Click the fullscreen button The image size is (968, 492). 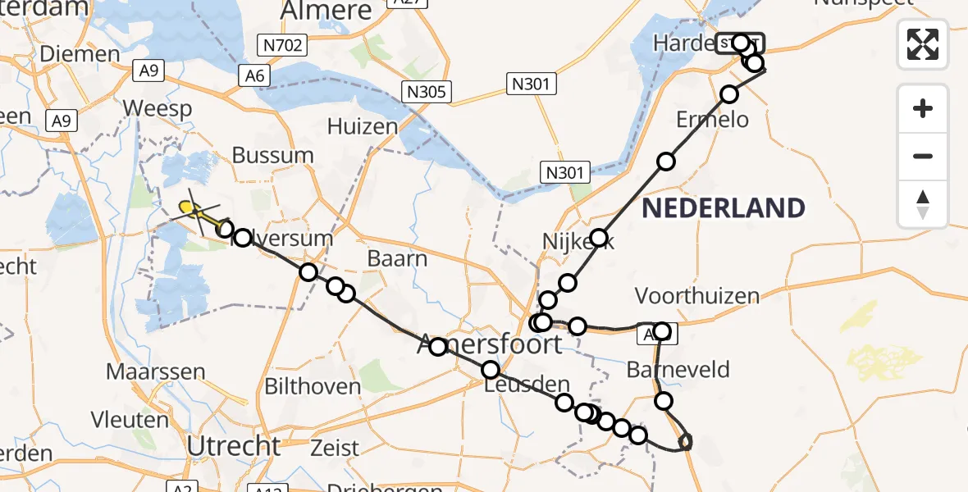pos(923,43)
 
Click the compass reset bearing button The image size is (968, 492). pos(923,204)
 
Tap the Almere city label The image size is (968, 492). pos(326,11)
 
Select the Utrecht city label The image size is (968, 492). pos(235,446)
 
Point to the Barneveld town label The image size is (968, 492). pos(677,369)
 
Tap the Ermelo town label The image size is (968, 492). pos(712,120)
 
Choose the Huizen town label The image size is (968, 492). pos(362,126)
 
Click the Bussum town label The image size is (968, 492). pos(272,155)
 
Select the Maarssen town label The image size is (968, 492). pos(166,371)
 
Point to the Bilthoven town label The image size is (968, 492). pos(313,386)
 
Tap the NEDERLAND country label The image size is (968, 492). pos(723,207)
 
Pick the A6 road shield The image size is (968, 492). pos(254,76)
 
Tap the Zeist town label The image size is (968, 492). pos(335,448)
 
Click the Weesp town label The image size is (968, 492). pos(157,108)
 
